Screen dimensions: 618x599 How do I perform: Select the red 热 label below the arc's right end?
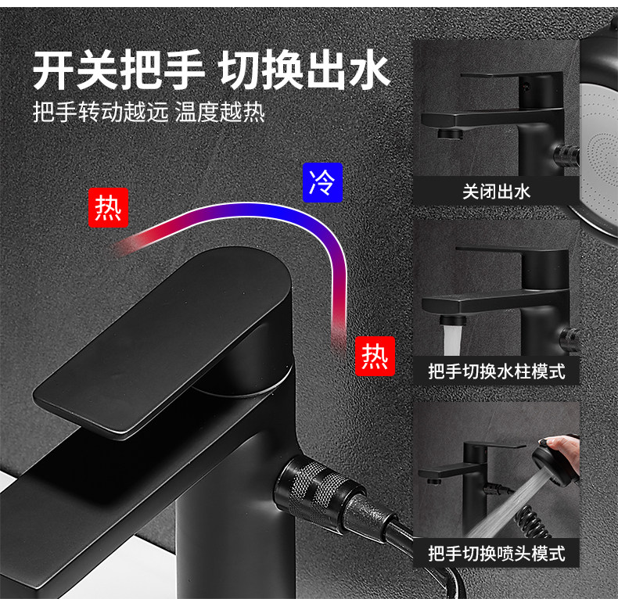[x=374, y=356]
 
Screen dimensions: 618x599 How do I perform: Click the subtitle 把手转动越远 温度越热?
[x=149, y=112]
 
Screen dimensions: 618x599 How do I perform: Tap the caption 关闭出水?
[x=496, y=190]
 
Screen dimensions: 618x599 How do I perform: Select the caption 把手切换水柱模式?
[x=496, y=370]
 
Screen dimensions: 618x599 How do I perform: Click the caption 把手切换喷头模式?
[x=496, y=554]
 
